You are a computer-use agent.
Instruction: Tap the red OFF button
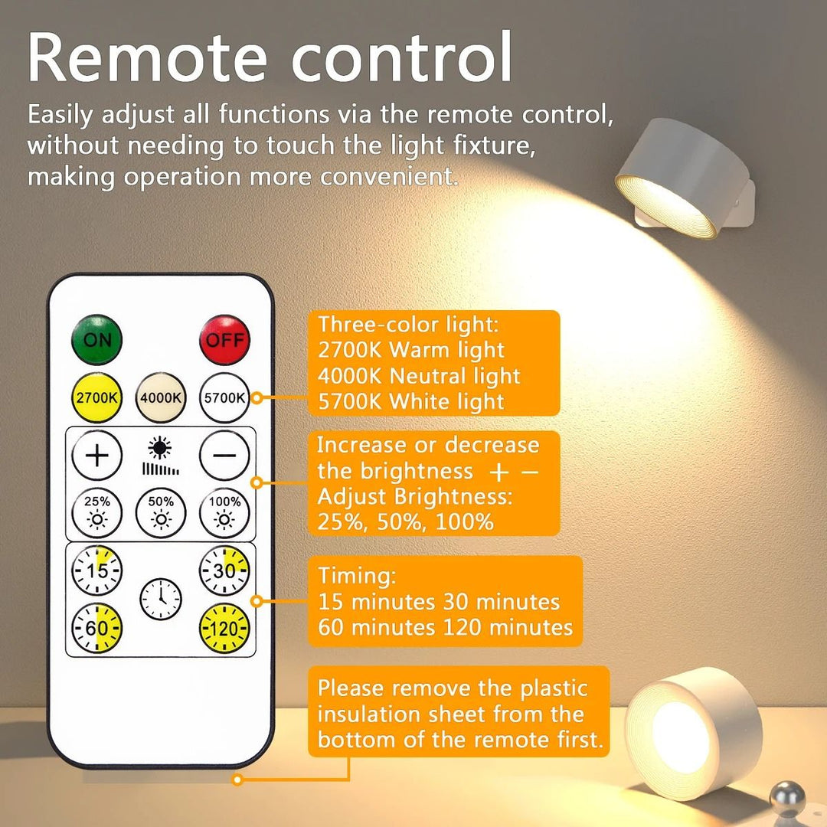coord(224,339)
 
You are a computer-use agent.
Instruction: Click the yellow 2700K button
coord(96,398)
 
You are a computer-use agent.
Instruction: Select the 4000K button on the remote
coord(160,398)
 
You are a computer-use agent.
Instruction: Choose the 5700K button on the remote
coord(224,398)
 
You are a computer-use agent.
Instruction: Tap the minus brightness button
coord(224,455)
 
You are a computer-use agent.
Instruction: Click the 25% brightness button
coord(96,514)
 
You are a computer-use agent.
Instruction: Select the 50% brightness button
coord(160,514)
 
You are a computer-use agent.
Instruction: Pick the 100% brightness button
coord(224,514)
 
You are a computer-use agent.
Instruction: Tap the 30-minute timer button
coord(224,570)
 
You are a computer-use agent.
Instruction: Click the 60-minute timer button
coord(96,628)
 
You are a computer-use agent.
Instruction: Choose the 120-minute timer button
coord(224,628)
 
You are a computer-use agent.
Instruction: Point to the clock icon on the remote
coord(160,599)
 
